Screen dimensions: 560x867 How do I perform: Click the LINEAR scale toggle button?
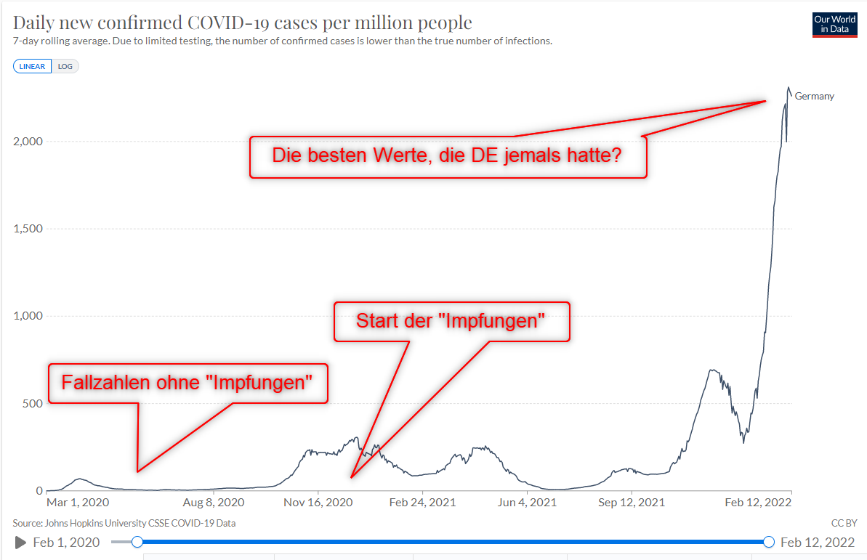pos(32,66)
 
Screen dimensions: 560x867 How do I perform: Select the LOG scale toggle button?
pos(65,66)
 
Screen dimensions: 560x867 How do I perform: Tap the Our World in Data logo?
pos(834,24)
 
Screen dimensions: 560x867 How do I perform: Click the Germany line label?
pos(815,96)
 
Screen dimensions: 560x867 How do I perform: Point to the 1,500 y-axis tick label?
pos(27,229)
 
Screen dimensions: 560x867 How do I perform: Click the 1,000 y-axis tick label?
pos(27,316)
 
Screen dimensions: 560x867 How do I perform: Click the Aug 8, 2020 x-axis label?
pos(213,502)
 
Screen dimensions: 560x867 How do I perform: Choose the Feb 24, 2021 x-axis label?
pos(422,502)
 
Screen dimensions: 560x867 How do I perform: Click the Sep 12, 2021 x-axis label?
pos(631,502)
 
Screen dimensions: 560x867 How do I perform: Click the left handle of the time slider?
pos(137,542)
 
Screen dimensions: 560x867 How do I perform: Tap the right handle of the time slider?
pos(769,542)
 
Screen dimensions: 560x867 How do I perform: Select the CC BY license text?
pos(844,523)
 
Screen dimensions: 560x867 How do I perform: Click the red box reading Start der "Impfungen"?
pos(451,321)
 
